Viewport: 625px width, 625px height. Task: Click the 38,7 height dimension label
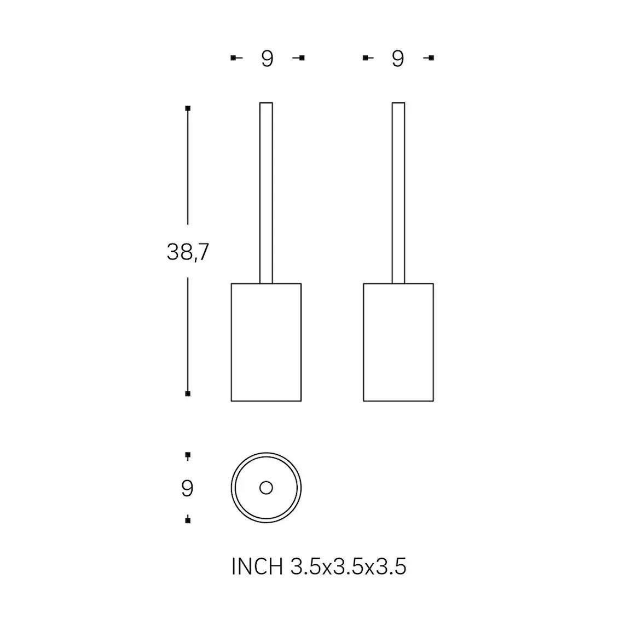[x=188, y=252]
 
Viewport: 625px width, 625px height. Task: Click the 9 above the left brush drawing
[x=267, y=59]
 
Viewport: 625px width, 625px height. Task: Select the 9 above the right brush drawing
[x=398, y=59]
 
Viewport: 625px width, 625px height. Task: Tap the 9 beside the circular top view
[x=187, y=488]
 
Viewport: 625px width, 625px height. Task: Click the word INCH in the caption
[x=257, y=566]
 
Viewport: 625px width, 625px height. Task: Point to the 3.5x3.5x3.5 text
[x=349, y=566]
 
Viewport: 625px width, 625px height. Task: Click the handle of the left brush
[x=267, y=193]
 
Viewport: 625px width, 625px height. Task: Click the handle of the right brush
[x=398, y=193]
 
